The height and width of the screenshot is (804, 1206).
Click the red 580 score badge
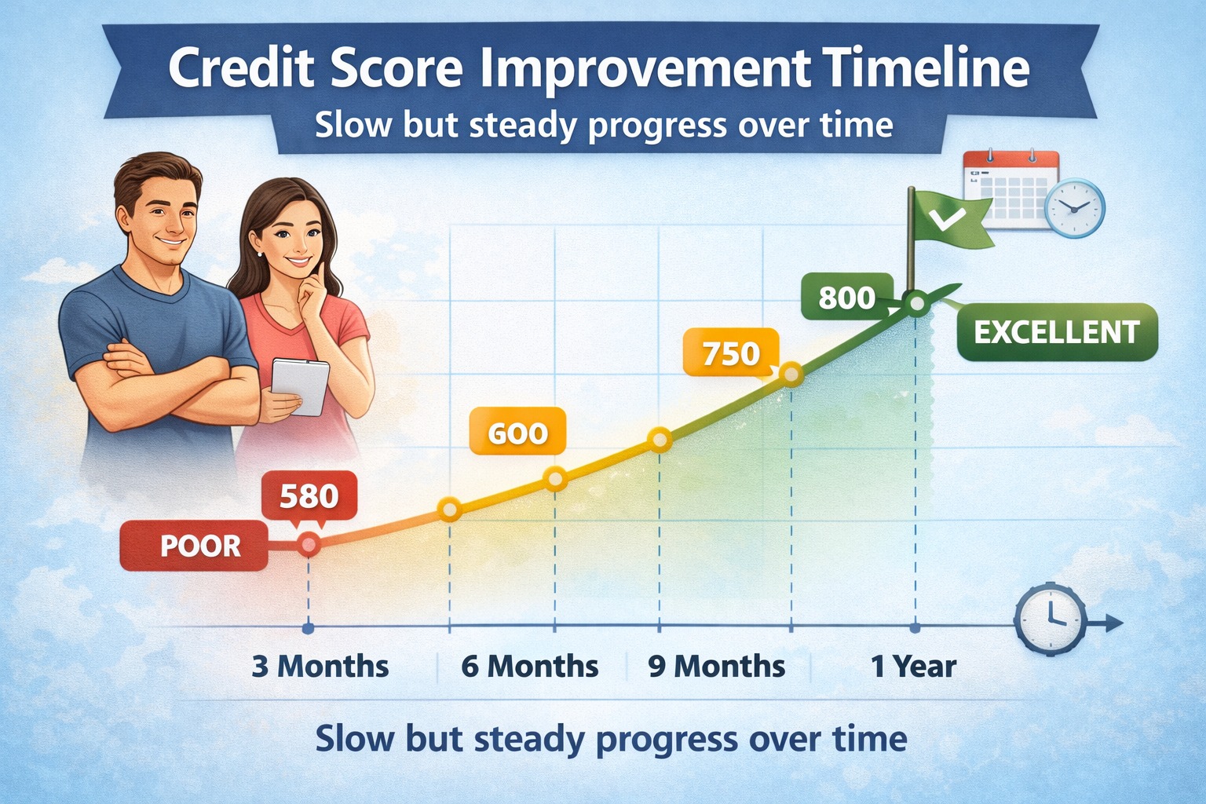pyautogui.click(x=309, y=496)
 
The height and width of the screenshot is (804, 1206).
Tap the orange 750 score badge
pyautogui.click(x=731, y=353)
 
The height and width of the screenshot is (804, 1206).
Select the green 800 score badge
pyautogui.click(x=846, y=298)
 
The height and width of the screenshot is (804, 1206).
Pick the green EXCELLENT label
pyautogui.click(x=1057, y=332)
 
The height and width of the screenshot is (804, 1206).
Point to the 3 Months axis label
pyautogui.click(x=320, y=667)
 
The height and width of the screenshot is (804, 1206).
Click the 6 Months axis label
pyautogui.click(x=529, y=667)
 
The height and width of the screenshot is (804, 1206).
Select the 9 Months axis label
pyautogui.click(x=716, y=667)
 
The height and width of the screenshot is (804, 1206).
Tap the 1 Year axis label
pyautogui.click(x=913, y=667)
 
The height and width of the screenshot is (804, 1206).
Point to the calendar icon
pyautogui.click(x=1009, y=188)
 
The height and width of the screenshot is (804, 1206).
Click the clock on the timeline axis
pyautogui.click(x=1050, y=619)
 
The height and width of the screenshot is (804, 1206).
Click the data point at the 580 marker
pyautogui.click(x=309, y=543)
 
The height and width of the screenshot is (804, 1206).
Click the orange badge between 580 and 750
pyautogui.click(x=517, y=433)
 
